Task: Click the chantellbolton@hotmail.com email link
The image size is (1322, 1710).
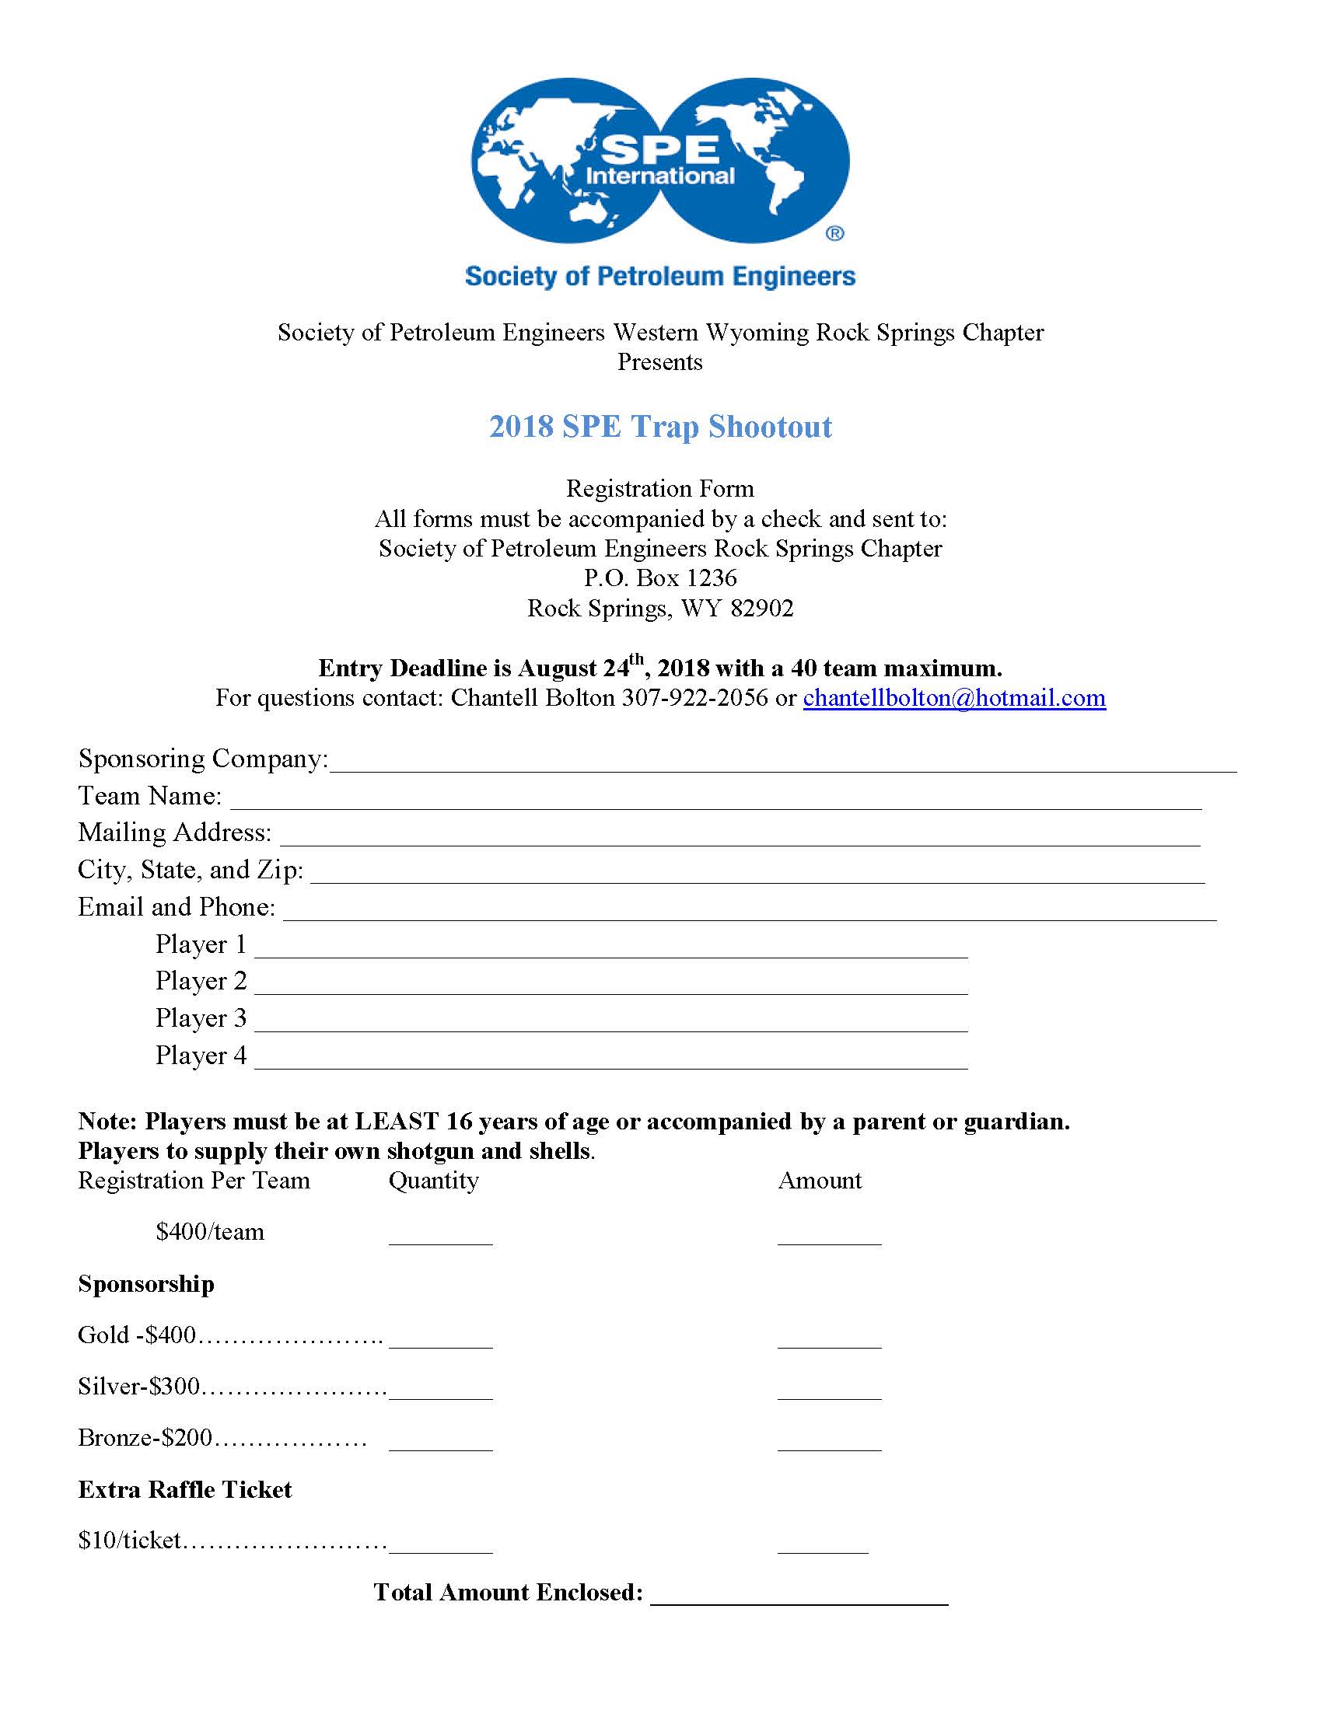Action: (x=954, y=698)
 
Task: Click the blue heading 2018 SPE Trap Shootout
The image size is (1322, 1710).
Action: (x=660, y=427)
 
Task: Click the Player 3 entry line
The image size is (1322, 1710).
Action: (x=611, y=1025)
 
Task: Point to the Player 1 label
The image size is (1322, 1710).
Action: (x=201, y=944)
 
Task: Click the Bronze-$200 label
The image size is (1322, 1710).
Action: (x=145, y=1437)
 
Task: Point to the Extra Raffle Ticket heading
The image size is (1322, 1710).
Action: (x=185, y=1489)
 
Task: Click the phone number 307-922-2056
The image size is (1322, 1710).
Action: (x=694, y=698)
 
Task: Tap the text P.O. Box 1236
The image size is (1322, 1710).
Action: (x=660, y=578)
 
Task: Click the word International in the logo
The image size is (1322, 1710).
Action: (x=659, y=176)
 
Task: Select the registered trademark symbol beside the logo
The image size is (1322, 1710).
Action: (x=835, y=233)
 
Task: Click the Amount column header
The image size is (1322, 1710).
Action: (x=819, y=1180)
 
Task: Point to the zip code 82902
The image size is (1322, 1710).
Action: (x=761, y=609)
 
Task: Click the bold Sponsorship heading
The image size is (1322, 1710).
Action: (x=145, y=1283)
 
